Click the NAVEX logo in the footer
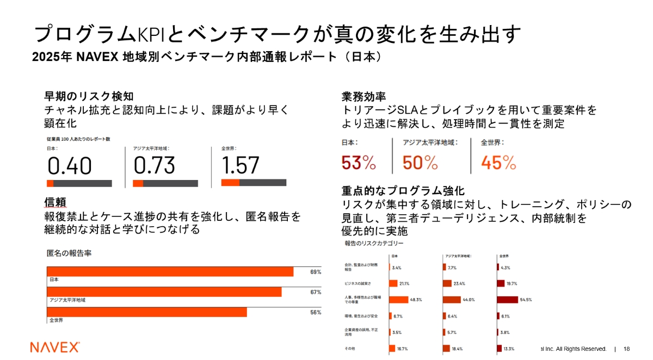coord(55,347)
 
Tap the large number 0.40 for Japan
coord(70,166)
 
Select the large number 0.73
coord(155,166)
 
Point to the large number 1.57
coord(241,165)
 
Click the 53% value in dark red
coord(359,162)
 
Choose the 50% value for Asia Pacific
coord(420,162)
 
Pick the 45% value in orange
coord(498,162)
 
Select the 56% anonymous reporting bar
coord(147,312)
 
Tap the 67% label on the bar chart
coord(316,292)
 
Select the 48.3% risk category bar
coord(398,299)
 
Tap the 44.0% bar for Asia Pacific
coord(452,299)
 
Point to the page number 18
coord(626,349)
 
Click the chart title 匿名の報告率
coord(69,253)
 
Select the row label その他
coord(350,349)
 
